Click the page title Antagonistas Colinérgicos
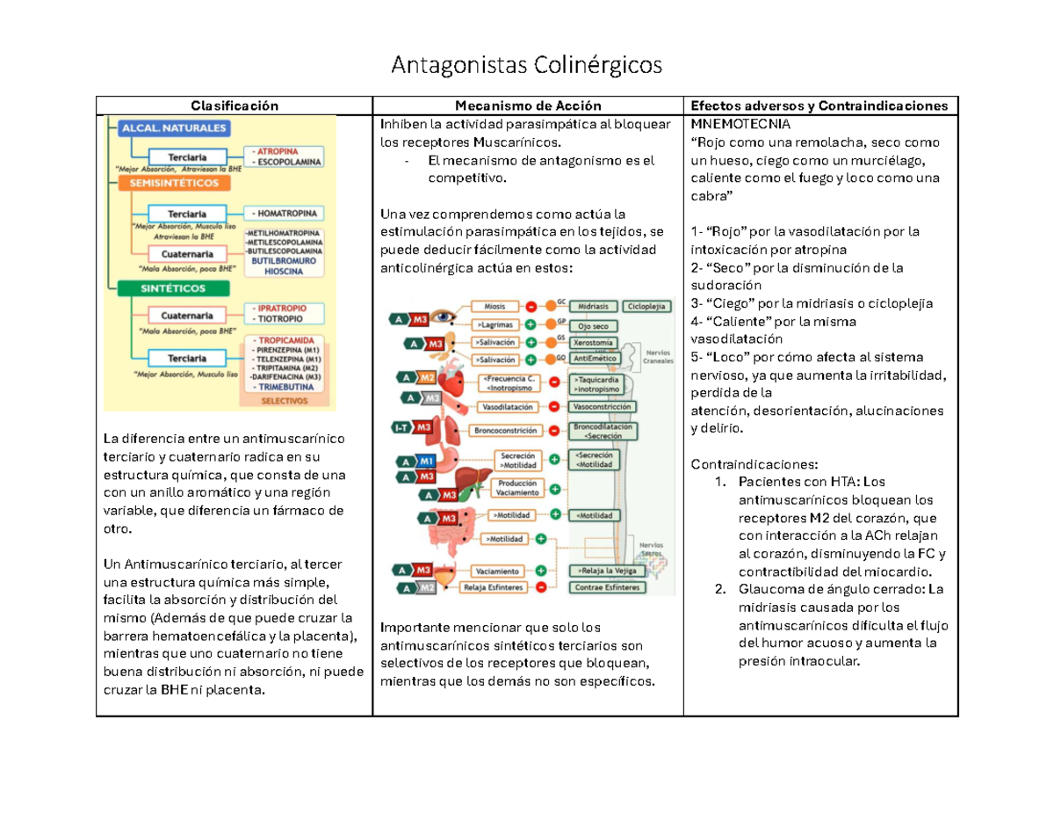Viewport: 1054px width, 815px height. (526, 64)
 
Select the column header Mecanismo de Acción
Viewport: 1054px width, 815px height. (528, 106)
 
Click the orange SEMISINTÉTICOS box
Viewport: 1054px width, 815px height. (175, 184)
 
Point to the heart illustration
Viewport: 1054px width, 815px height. (452, 380)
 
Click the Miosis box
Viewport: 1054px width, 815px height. (495, 306)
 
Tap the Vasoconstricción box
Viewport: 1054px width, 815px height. (602, 408)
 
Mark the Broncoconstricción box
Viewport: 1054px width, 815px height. (504, 431)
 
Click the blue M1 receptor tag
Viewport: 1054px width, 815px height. (426, 461)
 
